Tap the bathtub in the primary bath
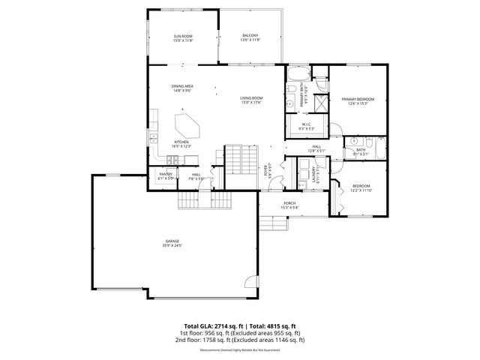[297, 75]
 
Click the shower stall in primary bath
[320, 103]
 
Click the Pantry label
[166, 175]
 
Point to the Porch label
[289, 205]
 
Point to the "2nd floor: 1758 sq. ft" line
[240, 340]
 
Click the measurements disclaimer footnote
[240, 350]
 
